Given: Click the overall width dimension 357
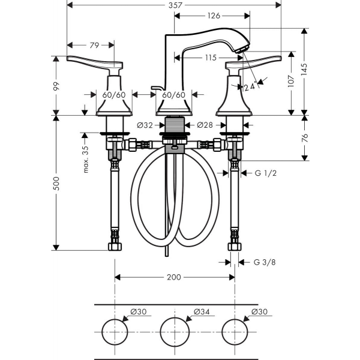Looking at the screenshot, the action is pyautogui.click(x=175, y=5).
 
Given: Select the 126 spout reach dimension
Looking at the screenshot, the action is pyautogui.click(x=214, y=16).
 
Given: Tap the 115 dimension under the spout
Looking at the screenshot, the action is pyautogui.click(x=211, y=58).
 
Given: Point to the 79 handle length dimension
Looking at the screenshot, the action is pyautogui.click(x=94, y=45).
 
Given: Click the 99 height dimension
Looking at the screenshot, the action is pyautogui.click(x=56, y=86).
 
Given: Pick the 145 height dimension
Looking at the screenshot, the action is pyautogui.click(x=304, y=70).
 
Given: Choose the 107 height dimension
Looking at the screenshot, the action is pyautogui.click(x=291, y=81).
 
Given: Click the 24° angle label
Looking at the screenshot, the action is pyautogui.click(x=250, y=86).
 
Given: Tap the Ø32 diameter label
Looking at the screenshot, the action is pyautogui.click(x=145, y=125).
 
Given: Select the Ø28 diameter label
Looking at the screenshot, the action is pyautogui.click(x=205, y=125).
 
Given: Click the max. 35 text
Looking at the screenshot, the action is pyautogui.click(x=85, y=160).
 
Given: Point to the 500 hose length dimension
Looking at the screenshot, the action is pyautogui.click(x=56, y=184).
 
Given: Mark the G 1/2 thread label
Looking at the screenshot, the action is pyautogui.click(x=266, y=173).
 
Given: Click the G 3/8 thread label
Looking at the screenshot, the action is pyautogui.click(x=265, y=262).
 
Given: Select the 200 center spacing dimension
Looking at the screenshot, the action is pyautogui.click(x=174, y=277).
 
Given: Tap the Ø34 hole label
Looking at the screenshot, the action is pyautogui.click(x=202, y=311).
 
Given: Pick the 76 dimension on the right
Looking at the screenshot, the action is pyautogui.click(x=304, y=138).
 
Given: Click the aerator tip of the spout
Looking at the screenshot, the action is pyautogui.click(x=243, y=49).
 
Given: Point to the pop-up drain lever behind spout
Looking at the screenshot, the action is pyautogui.click(x=158, y=88).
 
